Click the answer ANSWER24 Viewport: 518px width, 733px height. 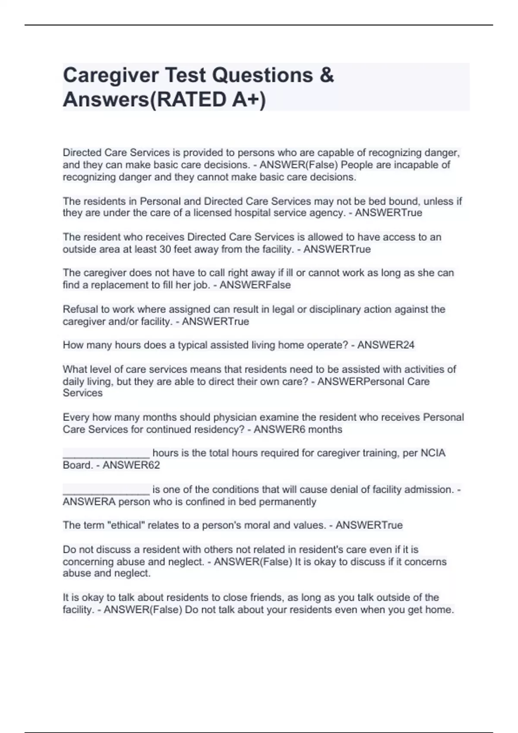click(386, 345)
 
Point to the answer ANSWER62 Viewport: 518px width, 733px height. click(131, 465)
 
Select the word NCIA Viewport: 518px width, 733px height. click(433, 453)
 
